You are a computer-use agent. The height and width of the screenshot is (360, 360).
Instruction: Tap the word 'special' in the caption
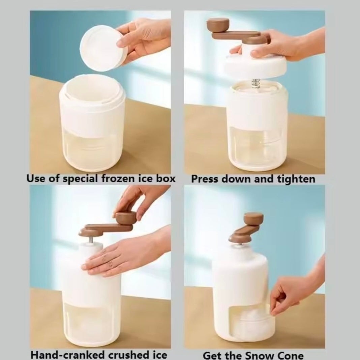[80, 179]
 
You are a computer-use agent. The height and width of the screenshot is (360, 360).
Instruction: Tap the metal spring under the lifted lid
[256, 84]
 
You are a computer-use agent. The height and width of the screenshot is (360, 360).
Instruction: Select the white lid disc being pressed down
[255, 65]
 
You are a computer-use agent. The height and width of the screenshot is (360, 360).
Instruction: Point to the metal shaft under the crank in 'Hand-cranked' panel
[91, 240]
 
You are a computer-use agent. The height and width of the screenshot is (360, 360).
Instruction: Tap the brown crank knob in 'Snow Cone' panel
[253, 218]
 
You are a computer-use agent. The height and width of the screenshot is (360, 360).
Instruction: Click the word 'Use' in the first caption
[36, 178]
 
